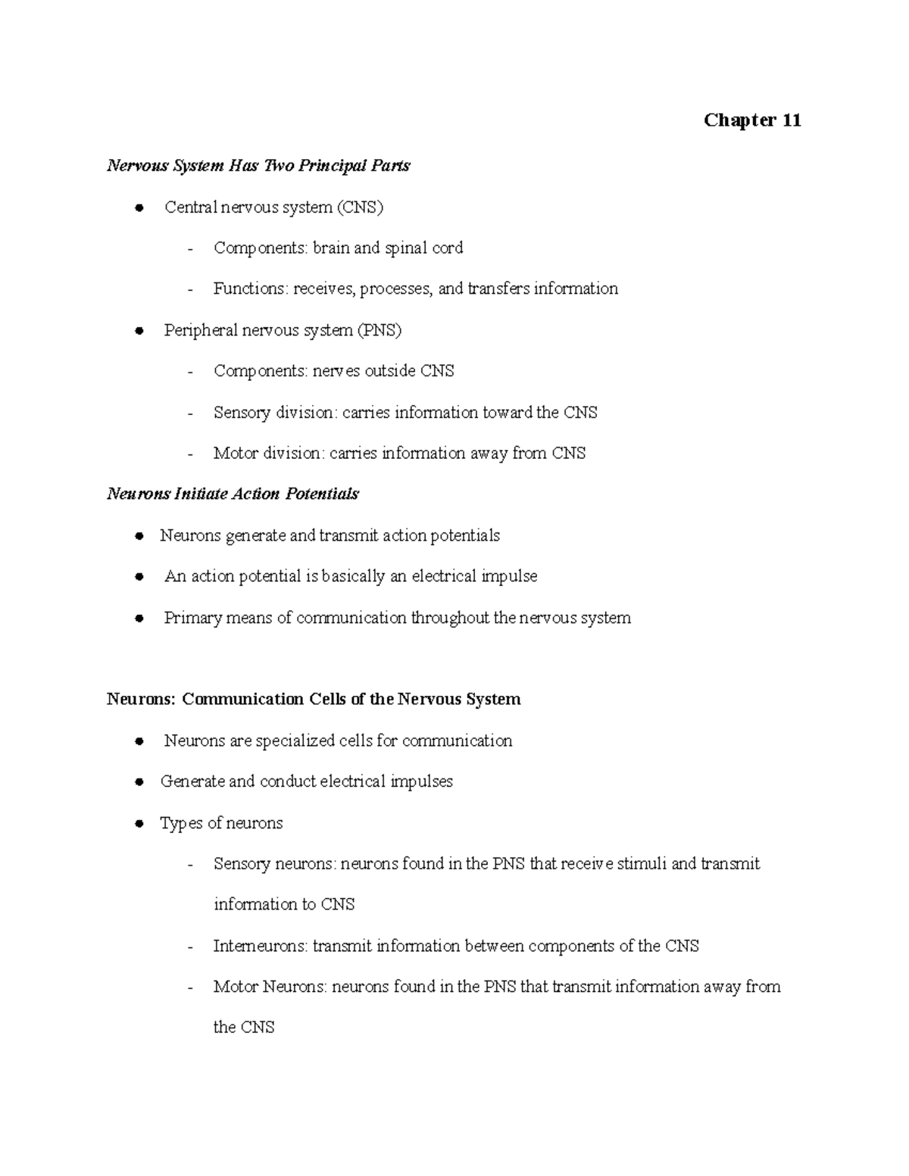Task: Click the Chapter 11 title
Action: [x=751, y=120]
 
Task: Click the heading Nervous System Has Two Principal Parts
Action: [x=258, y=165]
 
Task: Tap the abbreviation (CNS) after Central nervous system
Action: [x=361, y=207]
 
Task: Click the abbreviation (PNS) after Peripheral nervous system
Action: [x=380, y=330]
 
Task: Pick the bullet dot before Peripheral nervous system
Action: [x=139, y=331]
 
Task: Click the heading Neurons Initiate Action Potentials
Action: [x=233, y=494]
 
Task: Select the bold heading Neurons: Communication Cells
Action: [x=314, y=699]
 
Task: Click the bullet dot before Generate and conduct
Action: [x=139, y=782]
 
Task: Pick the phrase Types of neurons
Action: [x=221, y=823]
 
